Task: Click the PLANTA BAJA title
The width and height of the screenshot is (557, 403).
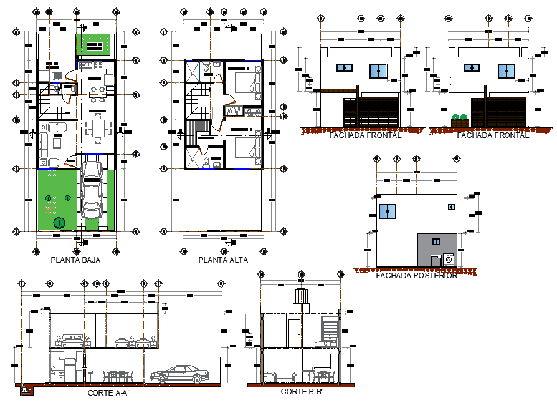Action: coord(75,260)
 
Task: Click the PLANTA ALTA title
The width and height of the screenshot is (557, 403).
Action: coord(223,260)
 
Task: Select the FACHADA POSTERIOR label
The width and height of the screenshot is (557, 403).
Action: coord(417,276)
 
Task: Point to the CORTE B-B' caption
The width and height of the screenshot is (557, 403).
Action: coord(302,392)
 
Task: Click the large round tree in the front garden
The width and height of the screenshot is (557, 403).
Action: coord(59,223)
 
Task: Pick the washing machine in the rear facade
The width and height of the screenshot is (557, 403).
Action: coord(449,260)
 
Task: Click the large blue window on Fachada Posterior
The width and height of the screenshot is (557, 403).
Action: coord(388,211)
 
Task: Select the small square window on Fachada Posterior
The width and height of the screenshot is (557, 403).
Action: coord(450,207)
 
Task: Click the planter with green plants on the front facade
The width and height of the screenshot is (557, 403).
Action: coord(460,120)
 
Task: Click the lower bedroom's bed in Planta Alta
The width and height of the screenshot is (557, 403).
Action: coord(250,149)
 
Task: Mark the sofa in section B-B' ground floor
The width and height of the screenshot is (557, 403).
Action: coord(285,376)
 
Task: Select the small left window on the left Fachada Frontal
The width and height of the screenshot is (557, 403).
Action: coord(343,67)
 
